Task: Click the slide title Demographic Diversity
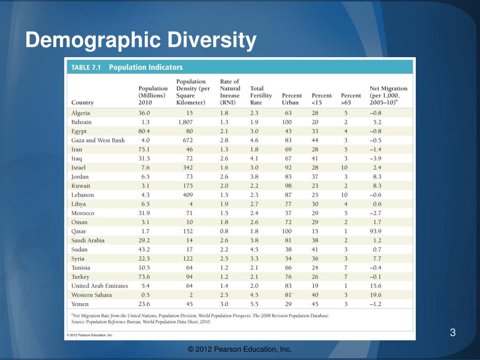[141, 40]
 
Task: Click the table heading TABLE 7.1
[86, 67]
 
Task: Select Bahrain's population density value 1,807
[185, 122]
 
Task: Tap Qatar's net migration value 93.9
[375, 231]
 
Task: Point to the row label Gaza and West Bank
[98, 140]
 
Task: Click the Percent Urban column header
[292, 99]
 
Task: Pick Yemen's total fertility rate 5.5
[254, 304]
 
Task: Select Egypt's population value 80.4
[144, 131]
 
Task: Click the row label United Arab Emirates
[99, 286]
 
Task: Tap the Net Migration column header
[388, 96]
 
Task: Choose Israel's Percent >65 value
[345, 167]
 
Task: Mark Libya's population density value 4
[191, 204]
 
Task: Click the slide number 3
[453, 332]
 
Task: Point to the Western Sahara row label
[91, 295]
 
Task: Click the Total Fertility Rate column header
[261, 96]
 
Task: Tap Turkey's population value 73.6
[144, 277]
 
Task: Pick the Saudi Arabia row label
[88, 240]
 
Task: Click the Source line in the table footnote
[141, 322]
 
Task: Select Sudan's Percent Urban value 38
[288, 249]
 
